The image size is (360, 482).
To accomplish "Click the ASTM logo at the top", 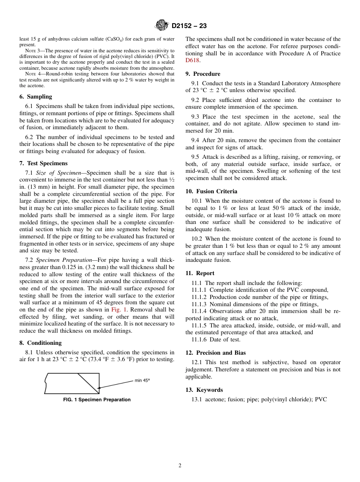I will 162,26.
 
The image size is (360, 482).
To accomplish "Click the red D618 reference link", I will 193,60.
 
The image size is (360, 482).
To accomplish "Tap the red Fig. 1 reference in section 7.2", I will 119,310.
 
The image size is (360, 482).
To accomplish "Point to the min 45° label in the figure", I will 142,380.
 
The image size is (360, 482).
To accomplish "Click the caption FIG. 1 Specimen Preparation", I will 97,400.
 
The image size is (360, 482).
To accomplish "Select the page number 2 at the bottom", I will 180,466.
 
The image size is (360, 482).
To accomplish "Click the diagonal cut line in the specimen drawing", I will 88,383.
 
